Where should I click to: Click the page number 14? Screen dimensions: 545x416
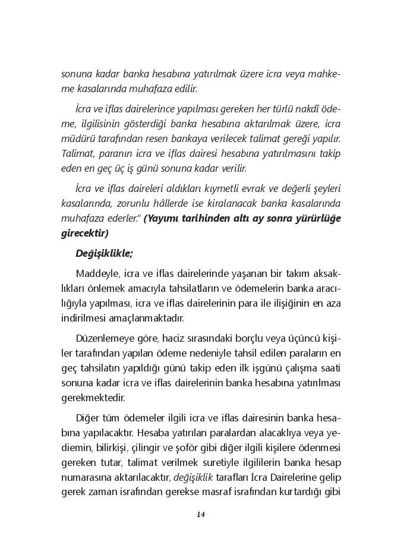pyautogui.click(x=201, y=515)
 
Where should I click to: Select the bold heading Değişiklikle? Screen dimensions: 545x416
pyautogui.click(x=104, y=253)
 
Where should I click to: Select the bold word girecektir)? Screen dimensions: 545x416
pyautogui.click(x=85, y=234)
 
